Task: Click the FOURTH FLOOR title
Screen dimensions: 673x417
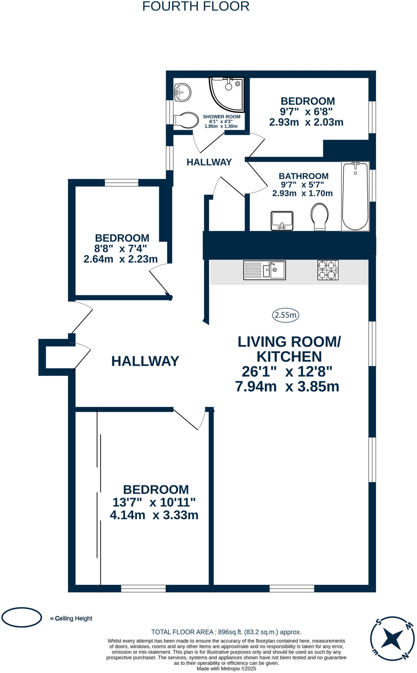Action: pos(196,7)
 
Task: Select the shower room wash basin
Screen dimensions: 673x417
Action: pos(183,92)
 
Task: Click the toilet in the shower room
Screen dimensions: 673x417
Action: pos(186,121)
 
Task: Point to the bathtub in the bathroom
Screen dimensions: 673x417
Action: pos(355,196)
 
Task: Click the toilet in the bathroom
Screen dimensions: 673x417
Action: pos(319,216)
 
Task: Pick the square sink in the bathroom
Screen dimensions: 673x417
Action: pos(282,220)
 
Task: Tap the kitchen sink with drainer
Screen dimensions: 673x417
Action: pos(264,270)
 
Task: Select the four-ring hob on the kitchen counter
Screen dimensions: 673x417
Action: pos(328,270)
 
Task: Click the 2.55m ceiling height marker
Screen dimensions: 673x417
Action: pos(285,315)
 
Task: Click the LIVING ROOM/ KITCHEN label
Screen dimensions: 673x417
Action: pos(289,349)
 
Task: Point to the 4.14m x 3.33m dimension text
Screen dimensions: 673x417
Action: pos(154,515)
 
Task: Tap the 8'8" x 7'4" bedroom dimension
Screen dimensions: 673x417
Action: pos(121,248)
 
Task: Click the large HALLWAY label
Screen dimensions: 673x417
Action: pos(145,361)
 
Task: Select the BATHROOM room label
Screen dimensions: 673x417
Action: pos(303,176)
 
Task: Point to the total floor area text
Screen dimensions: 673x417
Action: pos(226,632)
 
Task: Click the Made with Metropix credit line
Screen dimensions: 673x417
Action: pos(226,668)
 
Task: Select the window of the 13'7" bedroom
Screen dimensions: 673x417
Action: pos(143,588)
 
